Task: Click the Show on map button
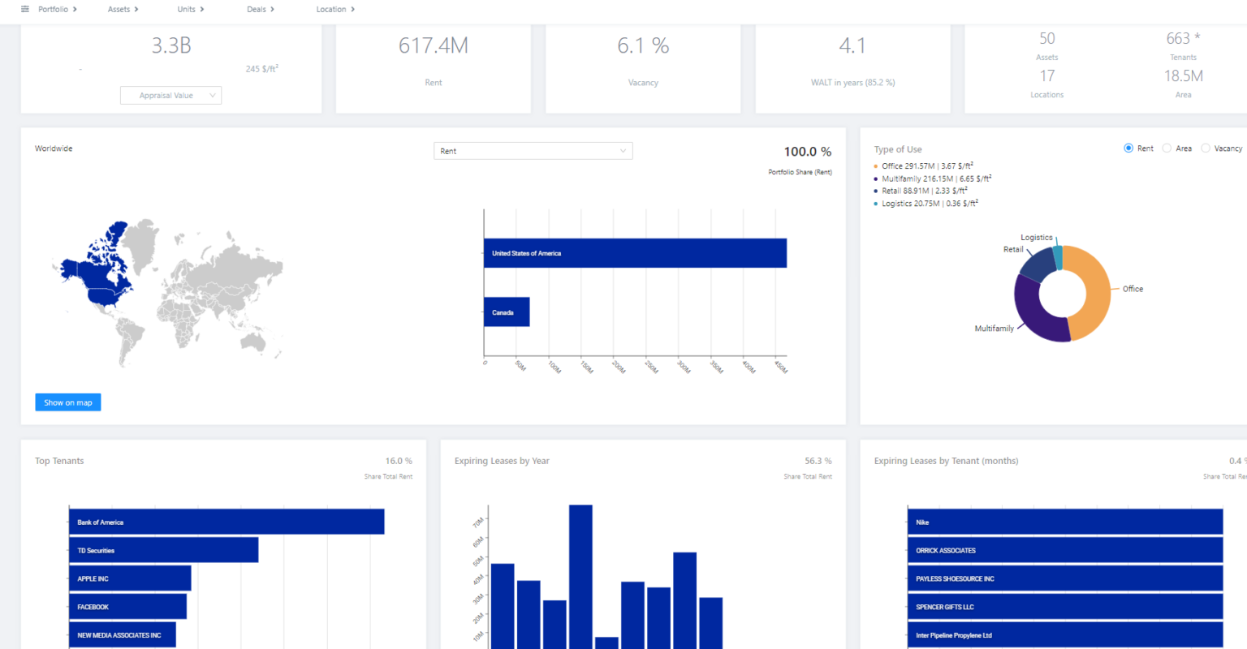(x=68, y=402)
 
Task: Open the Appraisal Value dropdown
(x=170, y=96)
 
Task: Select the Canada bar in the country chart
(x=507, y=312)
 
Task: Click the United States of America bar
(x=635, y=253)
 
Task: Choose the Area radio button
(x=1167, y=148)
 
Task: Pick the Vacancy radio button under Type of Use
(x=1206, y=148)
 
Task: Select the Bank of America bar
(x=227, y=522)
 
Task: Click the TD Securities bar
(x=163, y=550)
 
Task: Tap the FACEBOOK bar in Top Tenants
(x=127, y=607)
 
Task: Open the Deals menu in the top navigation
(x=261, y=10)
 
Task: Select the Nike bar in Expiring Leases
(x=1064, y=522)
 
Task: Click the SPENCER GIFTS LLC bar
(x=1064, y=607)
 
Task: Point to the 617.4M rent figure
(x=434, y=46)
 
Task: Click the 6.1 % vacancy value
(x=643, y=46)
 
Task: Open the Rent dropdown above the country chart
(x=533, y=151)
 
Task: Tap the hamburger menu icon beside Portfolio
(x=25, y=10)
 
